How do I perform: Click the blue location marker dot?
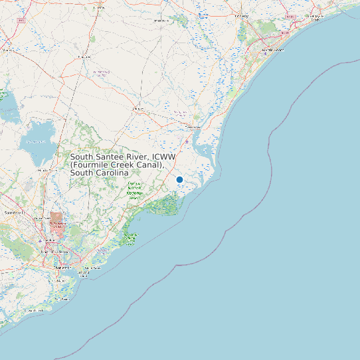[179, 179]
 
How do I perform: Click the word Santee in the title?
[115, 157]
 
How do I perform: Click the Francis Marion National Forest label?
[134, 191]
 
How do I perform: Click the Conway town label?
[242, 17]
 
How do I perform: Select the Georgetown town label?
[194, 127]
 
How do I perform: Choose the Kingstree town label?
[84, 57]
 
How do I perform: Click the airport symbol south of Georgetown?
[188, 141]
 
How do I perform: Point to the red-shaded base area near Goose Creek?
[56, 219]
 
